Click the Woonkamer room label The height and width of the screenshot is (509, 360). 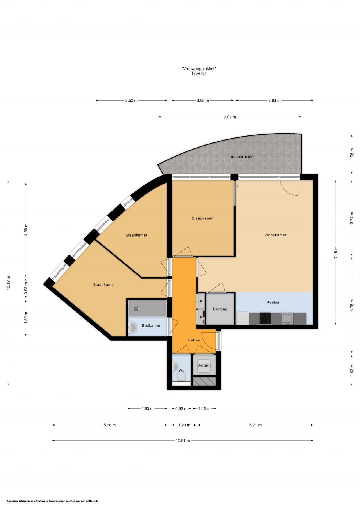point(275,235)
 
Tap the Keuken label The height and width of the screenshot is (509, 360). point(273,302)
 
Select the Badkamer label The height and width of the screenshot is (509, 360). point(151,325)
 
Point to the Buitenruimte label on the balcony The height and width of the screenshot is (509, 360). point(242,156)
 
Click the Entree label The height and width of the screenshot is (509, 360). point(194,340)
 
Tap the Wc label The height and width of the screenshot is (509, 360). point(181,370)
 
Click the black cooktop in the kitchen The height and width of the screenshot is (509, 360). point(265,318)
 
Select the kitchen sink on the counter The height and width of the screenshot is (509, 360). point(287,318)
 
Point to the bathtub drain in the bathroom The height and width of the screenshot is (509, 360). point(136,308)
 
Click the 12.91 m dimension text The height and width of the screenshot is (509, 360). point(183,440)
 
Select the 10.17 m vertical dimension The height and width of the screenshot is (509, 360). point(8,282)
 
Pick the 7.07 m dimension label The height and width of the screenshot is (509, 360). point(230,117)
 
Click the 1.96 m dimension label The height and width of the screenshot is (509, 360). point(352,154)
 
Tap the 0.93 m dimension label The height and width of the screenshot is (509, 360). point(181,408)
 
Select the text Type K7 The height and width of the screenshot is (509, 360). point(199,73)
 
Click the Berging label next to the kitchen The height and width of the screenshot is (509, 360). point(220,309)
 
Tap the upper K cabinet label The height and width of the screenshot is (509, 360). point(201,301)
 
